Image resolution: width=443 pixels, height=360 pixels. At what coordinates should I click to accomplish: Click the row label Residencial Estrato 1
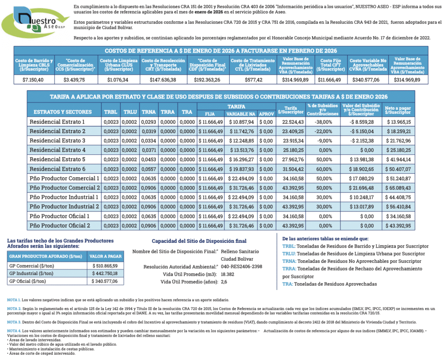pos(57,122)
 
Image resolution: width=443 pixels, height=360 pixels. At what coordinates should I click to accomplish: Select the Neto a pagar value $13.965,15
pos(399,122)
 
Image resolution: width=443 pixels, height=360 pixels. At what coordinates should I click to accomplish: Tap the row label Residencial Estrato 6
pos(57,169)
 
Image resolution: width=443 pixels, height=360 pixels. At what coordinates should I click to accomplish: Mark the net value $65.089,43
pos(399,188)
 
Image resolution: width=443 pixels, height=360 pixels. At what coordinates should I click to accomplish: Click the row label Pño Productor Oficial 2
pos(59,226)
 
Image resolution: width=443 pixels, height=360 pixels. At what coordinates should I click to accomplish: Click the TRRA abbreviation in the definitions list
pos(289,269)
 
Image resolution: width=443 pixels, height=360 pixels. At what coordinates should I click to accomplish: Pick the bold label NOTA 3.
pos(13,322)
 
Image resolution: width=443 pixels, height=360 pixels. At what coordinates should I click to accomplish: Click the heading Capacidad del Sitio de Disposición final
pos(199,241)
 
